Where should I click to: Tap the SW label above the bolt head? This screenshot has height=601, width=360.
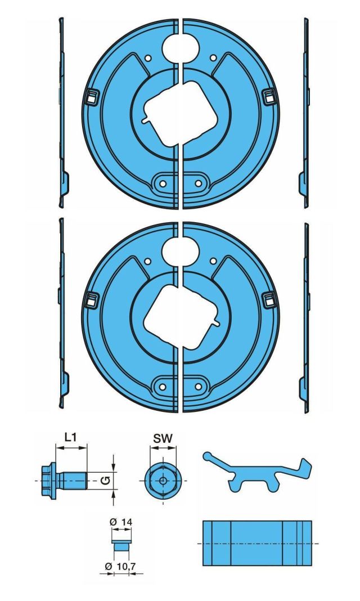click(x=162, y=437)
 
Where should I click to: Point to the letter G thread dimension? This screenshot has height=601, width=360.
click(x=104, y=480)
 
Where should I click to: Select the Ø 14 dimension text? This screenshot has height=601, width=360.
click(x=121, y=522)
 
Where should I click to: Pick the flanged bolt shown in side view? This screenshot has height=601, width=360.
click(x=65, y=479)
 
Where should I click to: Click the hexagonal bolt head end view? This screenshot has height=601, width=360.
click(x=162, y=480)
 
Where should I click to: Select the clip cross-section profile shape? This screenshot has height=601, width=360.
click(x=256, y=473)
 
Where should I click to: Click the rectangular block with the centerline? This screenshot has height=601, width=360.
click(x=256, y=542)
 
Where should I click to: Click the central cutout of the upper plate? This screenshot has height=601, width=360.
click(x=179, y=110)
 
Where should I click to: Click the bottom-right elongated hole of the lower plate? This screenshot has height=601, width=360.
click(x=198, y=387)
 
